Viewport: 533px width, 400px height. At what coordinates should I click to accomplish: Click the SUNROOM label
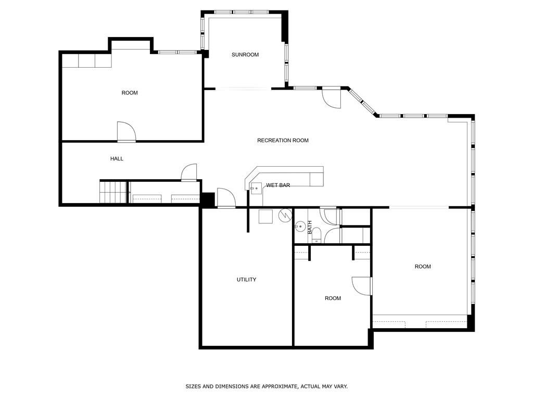click(x=245, y=55)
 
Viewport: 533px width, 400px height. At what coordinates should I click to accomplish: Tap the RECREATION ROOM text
click(x=283, y=140)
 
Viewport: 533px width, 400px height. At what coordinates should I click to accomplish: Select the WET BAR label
click(x=278, y=185)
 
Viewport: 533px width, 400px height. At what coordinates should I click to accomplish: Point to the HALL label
click(x=117, y=158)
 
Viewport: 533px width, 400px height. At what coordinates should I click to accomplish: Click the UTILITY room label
click(x=246, y=280)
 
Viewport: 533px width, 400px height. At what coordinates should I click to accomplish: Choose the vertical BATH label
click(x=310, y=227)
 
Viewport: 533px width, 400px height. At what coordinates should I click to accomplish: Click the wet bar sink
click(x=256, y=188)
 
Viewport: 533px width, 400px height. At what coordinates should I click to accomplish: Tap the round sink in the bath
click(x=300, y=227)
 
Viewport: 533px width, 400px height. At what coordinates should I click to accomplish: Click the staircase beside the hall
click(x=113, y=192)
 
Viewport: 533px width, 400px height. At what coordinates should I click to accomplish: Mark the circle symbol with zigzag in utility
click(x=285, y=215)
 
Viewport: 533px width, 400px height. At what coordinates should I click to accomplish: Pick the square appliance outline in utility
click(x=265, y=216)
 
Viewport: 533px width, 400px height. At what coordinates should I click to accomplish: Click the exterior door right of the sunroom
click(x=332, y=98)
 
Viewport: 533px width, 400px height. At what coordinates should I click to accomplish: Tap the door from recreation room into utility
click(x=226, y=198)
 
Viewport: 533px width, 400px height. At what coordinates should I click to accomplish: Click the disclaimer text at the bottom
click(x=266, y=386)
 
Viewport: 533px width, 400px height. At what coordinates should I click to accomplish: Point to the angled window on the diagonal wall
click(x=363, y=102)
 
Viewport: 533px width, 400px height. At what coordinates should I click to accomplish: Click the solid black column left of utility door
click(x=208, y=199)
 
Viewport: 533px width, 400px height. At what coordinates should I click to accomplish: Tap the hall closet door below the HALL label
click(x=189, y=172)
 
